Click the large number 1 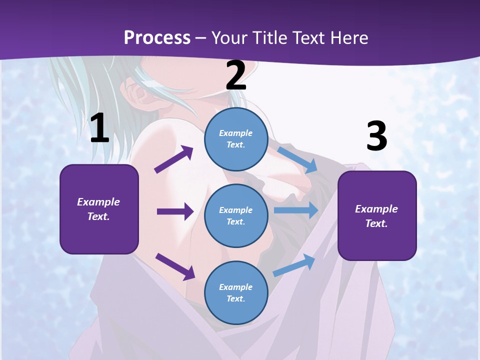click(x=99, y=128)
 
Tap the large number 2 click(x=236, y=75)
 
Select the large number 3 click(x=376, y=136)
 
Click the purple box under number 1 click(x=99, y=209)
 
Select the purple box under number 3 click(x=377, y=215)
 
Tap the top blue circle click(x=236, y=138)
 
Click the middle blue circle click(x=236, y=215)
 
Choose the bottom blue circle click(x=236, y=292)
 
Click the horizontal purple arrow click(x=175, y=211)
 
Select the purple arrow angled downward click(x=175, y=266)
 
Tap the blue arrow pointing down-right click(x=297, y=159)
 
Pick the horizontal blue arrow click(x=296, y=210)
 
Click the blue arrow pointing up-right click(x=294, y=265)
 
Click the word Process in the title click(x=157, y=37)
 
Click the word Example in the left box click(x=98, y=202)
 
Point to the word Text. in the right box click(x=376, y=223)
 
